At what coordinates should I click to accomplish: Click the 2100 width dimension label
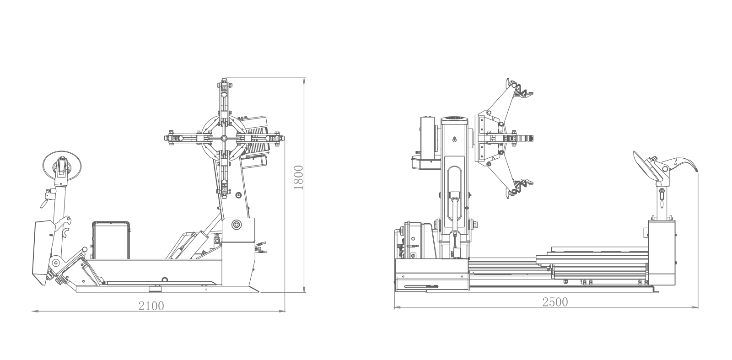(x=151, y=306)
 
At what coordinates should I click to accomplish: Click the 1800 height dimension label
(x=299, y=178)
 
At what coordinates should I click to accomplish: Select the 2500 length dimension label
(x=555, y=302)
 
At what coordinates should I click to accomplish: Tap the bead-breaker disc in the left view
(x=62, y=165)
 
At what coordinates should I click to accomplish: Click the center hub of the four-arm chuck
(x=224, y=139)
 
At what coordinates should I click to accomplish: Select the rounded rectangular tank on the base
(x=111, y=240)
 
